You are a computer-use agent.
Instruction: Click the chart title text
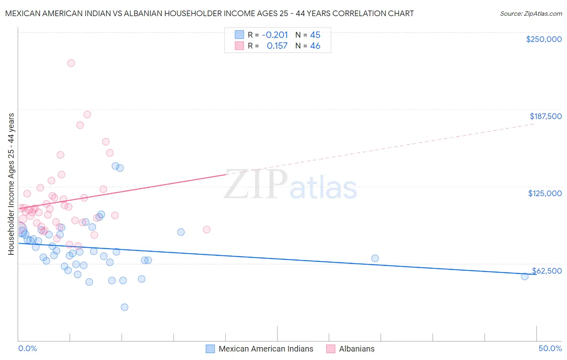click(209, 13)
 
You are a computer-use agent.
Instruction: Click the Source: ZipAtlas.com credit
click(531, 13)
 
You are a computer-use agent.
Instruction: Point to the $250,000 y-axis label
click(544, 39)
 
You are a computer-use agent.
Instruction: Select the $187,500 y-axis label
click(545, 116)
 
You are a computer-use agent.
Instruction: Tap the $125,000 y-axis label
click(545, 193)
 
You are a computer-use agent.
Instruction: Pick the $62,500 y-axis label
click(546, 271)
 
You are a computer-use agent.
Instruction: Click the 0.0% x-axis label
click(27, 348)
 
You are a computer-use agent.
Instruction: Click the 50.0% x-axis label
click(550, 348)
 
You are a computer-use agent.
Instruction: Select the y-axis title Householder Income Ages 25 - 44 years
click(11, 184)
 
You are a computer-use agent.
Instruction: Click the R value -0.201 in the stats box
click(275, 35)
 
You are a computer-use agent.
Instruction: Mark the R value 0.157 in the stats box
click(277, 46)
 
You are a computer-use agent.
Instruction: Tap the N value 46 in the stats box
click(315, 46)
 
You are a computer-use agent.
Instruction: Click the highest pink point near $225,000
click(71, 63)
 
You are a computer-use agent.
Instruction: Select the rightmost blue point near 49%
click(525, 276)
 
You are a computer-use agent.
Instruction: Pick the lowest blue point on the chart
click(125, 307)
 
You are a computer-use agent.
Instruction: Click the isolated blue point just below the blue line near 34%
click(375, 258)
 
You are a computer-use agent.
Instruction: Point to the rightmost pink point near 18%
click(206, 230)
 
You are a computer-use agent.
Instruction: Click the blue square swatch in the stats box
click(240, 35)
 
